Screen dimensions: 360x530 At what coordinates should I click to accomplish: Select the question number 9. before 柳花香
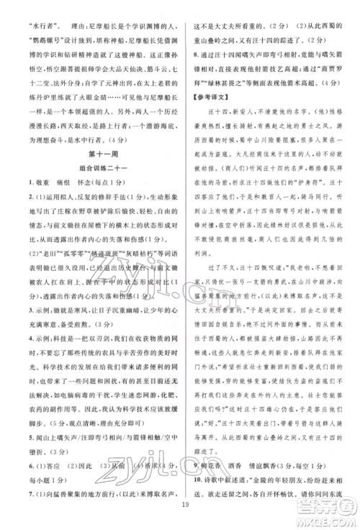193,465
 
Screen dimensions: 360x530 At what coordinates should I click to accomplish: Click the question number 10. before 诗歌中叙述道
195,480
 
